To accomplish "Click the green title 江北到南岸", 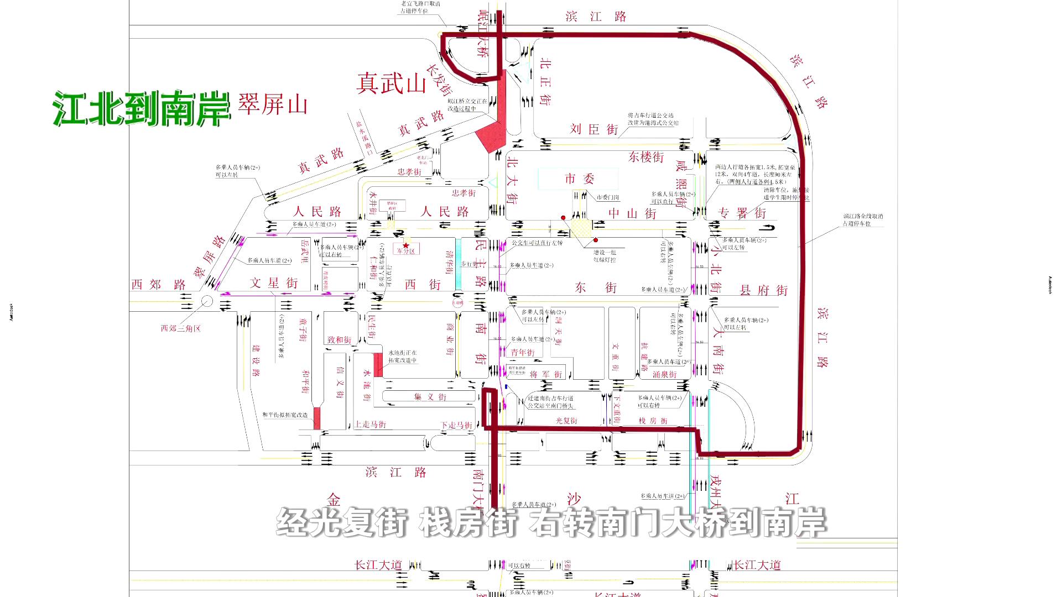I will click(x=142, y=108).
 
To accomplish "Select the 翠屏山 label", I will click(x=272, y=104).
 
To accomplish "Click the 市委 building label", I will click(x=579, y=179).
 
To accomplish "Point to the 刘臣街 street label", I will click(x=594, y=129).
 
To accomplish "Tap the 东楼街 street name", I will click(x=645, y=158).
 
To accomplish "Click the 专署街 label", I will click(x=742, y=213).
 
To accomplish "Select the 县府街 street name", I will click(x=763, y=290).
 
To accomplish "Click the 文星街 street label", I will click(x=274, y=283).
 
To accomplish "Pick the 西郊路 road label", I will click(x=159, y=285).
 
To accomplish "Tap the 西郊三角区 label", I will click(x=180, y=328).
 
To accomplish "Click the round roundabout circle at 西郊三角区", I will click(x=207, y=301).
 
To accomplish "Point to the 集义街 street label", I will click(x=430, y=397).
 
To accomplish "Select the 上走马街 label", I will click(x=370, y=425).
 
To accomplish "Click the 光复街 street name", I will click(x=566, y=421).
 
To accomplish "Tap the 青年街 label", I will click(x=522, y=352).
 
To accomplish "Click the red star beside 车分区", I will click(x=406, y=245).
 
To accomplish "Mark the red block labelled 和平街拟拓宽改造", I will click(x=317, y=418).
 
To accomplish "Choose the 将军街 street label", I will click(x=545, y=374).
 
